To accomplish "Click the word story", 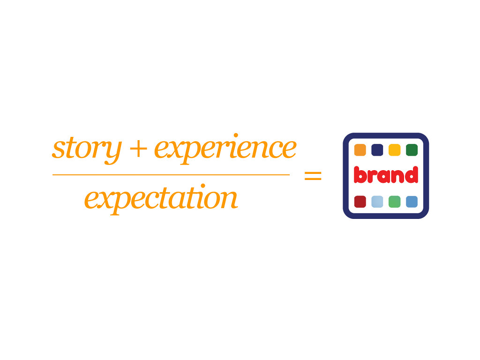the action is tap(87, 150).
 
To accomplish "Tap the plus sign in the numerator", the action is tap(138, 150).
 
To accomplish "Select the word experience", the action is tap(225, 149).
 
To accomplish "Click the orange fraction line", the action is tap(171, 175).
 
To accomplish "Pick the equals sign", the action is tap(313, 176).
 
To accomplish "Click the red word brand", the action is tap(386, 175).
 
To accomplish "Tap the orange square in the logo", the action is tap(360, 150).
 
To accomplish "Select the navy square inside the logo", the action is tap(377, 150).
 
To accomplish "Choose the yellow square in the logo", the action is tap(395, 150).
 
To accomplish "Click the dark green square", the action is tap(412, 150).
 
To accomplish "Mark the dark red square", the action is tap(360, 202).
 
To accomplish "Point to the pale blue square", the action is tap(377, 202).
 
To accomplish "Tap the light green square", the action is tap(395, 202).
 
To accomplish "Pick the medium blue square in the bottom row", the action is tap(412, 202).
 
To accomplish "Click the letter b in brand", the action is tap(360, 175).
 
